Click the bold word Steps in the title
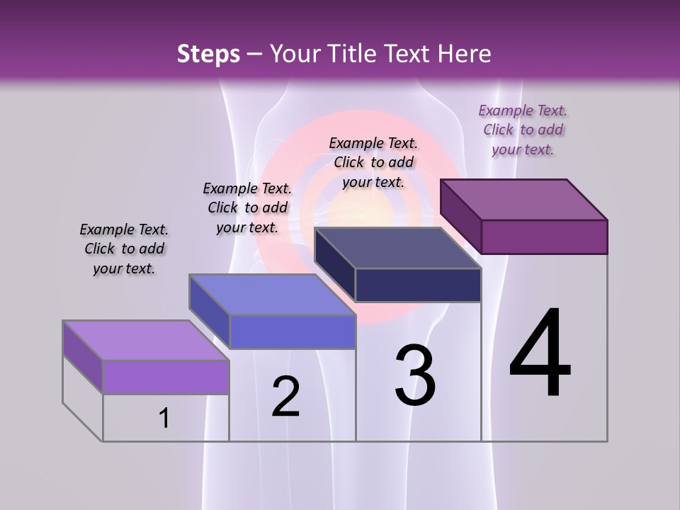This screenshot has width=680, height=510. point(208,54)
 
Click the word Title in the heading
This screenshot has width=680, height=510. point(353,54)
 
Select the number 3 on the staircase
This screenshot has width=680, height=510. point(414,375)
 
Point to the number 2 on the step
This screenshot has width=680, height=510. point(285,397)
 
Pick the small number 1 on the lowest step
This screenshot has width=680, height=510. point(164,419)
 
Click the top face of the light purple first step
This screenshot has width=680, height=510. point(145,340)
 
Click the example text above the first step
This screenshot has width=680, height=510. point(124,249)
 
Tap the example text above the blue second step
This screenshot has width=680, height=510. point(247,208)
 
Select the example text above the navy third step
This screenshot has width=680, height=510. point(373,162)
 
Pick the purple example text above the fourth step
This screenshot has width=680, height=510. point(523,130)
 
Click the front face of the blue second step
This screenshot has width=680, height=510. point(293,331)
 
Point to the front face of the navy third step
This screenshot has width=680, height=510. point(418,285)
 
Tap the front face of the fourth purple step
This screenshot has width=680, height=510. point(544,237)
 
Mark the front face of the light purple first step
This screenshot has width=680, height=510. point(166,377)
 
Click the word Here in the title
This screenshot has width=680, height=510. point(465,54)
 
